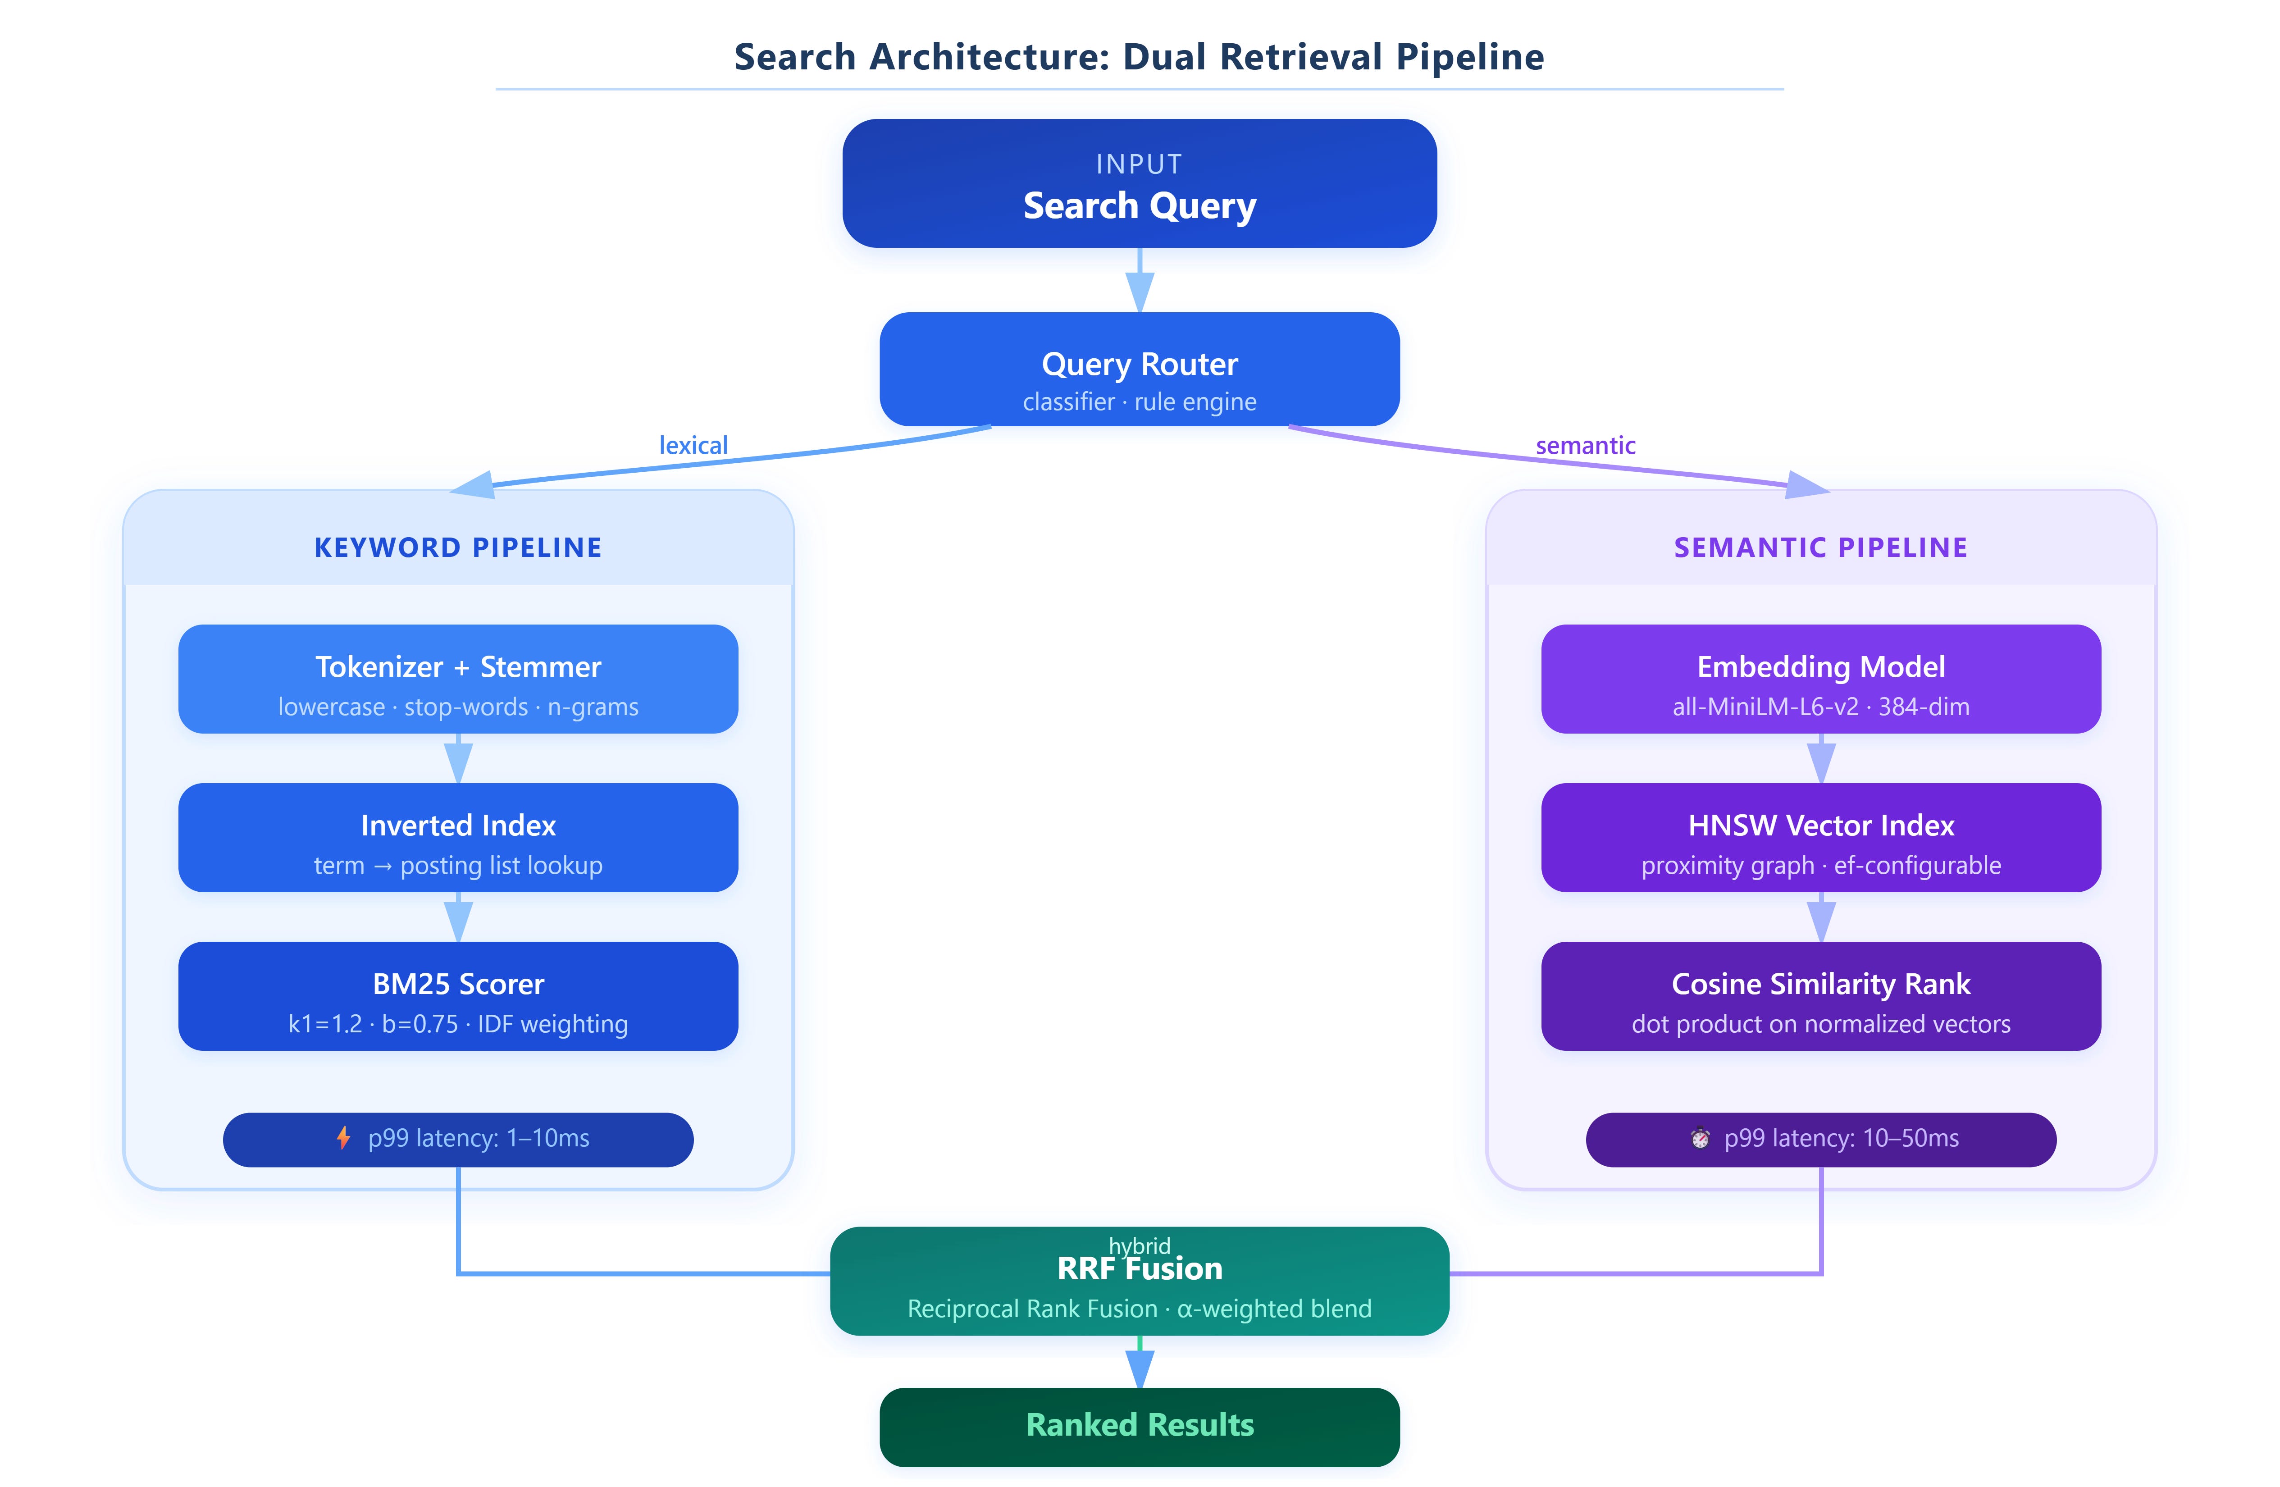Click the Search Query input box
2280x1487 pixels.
click(1139, 183)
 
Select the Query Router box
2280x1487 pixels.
click(1139, 369)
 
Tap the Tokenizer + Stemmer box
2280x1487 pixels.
click(458, 680)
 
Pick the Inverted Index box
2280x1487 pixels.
click(458, 837)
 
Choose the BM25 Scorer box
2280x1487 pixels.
click(458, 996)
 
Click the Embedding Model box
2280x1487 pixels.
click(1821, 680)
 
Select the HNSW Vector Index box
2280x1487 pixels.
click(1821, 837)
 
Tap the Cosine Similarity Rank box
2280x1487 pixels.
click(1821, 996)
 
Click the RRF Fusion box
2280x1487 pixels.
click(1139, 1281)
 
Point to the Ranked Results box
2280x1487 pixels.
click(1139, 1427)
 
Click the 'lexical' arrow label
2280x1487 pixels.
click(693, 446)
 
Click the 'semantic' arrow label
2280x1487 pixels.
click(1586, 446)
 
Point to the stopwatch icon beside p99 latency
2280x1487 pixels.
click(1701, 1138)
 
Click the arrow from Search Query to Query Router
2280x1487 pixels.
click(1139, 280)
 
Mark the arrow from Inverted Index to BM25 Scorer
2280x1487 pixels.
click(458, 917)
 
